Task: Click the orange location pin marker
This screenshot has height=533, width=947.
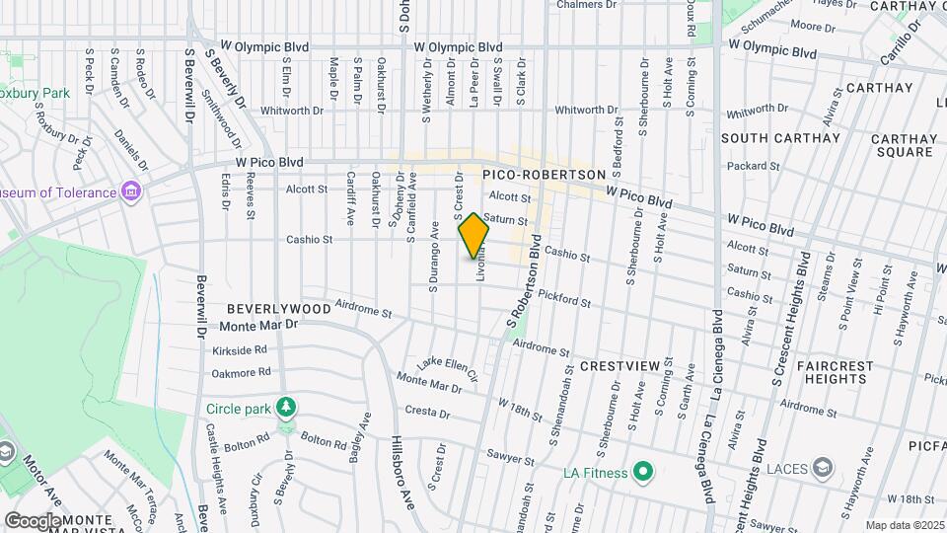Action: click(474, 236)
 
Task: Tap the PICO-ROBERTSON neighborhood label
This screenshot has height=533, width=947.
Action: click(544, 174)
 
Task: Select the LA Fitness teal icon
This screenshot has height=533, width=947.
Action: click(643, 473)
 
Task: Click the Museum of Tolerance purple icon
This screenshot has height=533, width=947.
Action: click(131, 191)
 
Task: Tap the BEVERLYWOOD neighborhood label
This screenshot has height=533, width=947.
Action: click(279, 309)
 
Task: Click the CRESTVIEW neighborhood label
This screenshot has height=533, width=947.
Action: click(619, 366)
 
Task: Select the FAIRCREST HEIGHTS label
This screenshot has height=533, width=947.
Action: click(835, 372)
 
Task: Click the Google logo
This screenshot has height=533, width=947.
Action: click(32, 520)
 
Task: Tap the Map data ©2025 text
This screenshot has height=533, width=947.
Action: click(904, 525)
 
